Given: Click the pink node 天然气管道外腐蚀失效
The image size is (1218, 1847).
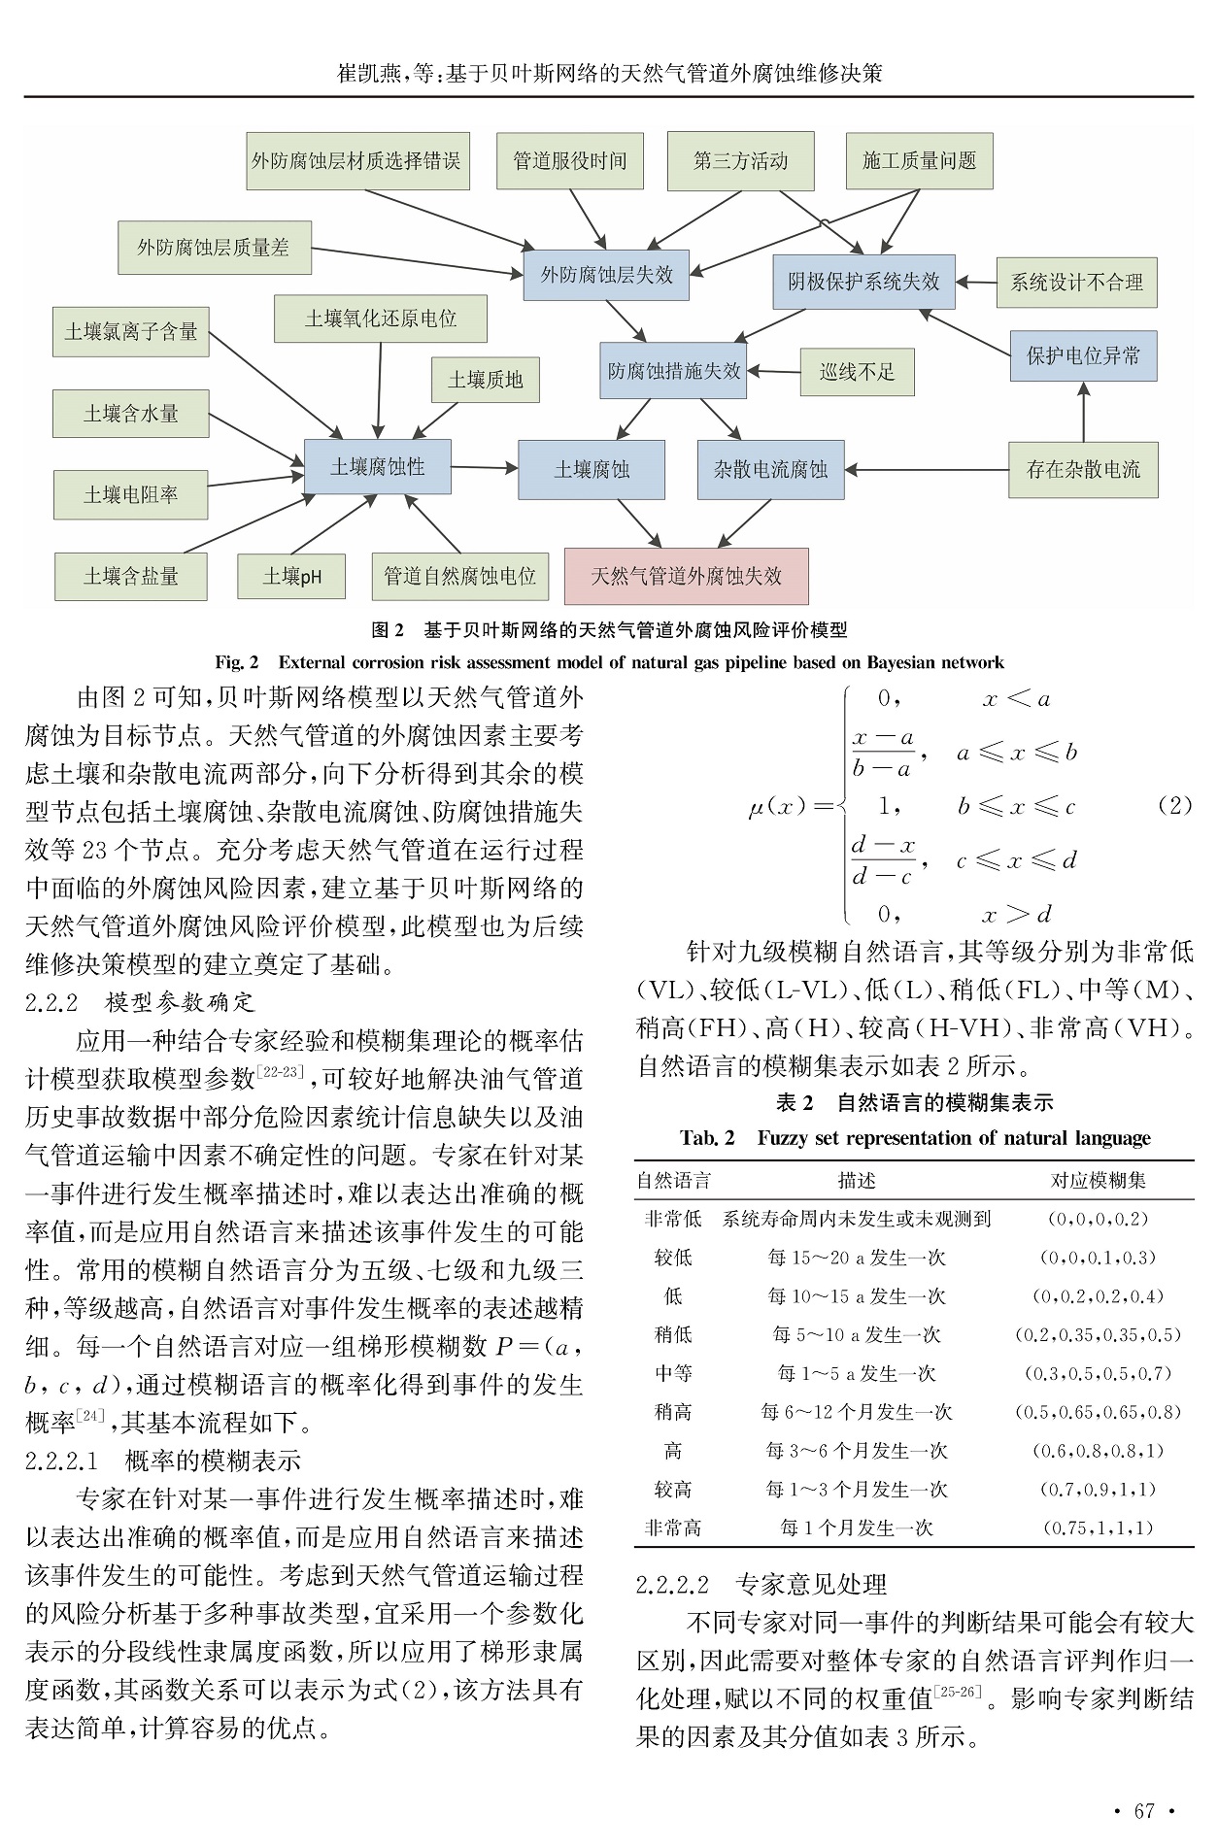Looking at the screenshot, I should coord(686,576).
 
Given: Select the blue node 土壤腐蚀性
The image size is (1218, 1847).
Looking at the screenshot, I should coord(377,467).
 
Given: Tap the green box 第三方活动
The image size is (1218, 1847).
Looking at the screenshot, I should coord(740,161).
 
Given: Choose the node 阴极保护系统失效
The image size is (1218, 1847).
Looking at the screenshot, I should coord(863,282).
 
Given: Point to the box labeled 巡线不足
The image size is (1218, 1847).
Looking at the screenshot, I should coord(857,372).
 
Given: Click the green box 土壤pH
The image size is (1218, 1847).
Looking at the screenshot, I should coord(291,577).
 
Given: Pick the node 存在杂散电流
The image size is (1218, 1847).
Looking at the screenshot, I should coord(1083,470).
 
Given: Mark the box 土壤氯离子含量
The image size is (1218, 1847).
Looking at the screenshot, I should coord(131,332).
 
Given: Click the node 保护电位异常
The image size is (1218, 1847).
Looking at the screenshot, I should coord(1083,355).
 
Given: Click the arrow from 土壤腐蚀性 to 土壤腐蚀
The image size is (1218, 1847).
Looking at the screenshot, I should coord(484,468).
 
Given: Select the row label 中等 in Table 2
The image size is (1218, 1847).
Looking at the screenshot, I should coord(673,1373).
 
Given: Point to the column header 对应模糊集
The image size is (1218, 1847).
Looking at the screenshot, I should coord(1098,1181).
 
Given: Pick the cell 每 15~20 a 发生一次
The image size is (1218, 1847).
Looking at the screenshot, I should coord(856,1258).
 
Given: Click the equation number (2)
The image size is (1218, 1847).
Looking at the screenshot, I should coord(1175,805).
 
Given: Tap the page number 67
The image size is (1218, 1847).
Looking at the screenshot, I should coord(1144,1810).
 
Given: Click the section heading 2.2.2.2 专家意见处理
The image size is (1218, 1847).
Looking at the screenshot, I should coord(761,1585).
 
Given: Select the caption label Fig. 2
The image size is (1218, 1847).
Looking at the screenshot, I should coord(237,662).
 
